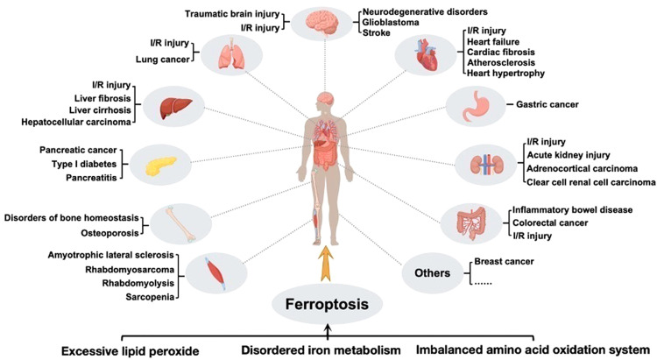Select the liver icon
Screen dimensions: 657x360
(174, 106)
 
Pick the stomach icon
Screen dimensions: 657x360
(475, 106)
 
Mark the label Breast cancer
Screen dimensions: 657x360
(505, 261)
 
